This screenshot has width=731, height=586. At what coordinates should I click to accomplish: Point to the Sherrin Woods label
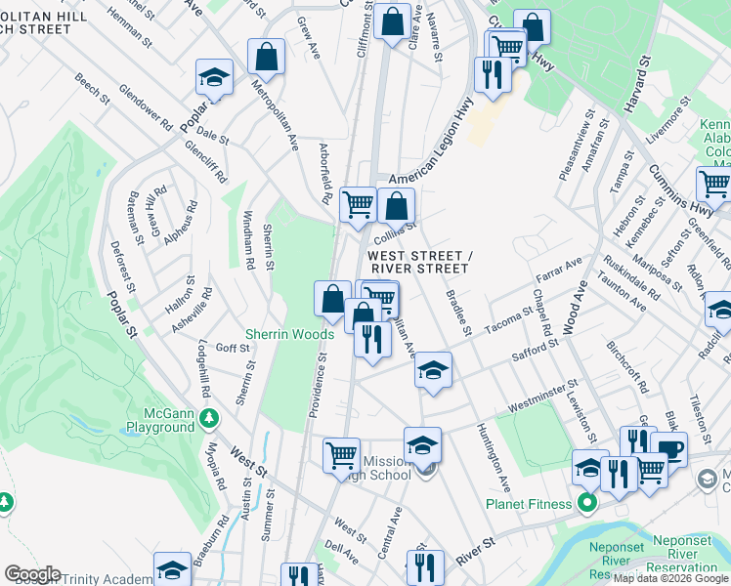[x=289, y=334]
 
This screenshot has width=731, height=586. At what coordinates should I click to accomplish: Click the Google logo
[x=32, y=574]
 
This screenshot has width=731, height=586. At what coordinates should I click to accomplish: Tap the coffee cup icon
[x=669, y=448]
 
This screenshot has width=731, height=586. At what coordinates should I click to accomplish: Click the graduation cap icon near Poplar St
[x=214, y=76]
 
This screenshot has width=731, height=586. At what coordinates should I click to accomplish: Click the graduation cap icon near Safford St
[x=433, y=371]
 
